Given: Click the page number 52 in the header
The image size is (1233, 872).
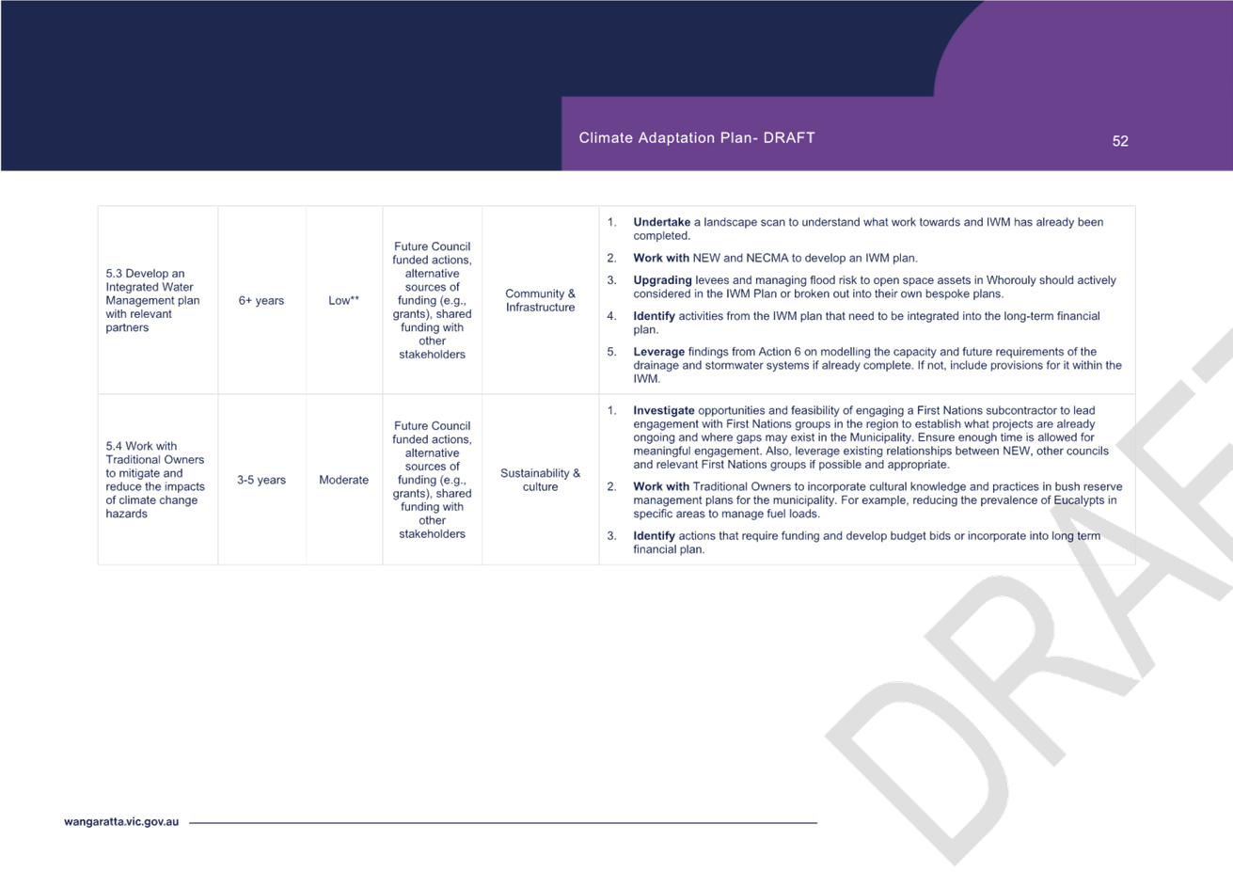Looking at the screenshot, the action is (1119, 141).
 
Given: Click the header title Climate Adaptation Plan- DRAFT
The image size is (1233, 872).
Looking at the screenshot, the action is (696, 137).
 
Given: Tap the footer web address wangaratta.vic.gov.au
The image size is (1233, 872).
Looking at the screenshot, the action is (121, 822).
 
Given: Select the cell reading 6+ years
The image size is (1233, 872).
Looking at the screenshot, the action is (261, 301).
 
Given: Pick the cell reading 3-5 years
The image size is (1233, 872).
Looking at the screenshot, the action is (261, 480).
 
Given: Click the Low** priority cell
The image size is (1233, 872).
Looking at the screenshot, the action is (343, 301).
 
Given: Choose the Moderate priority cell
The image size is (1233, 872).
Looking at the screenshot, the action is (343, 480).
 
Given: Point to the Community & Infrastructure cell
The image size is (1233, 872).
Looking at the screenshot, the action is (540, 301).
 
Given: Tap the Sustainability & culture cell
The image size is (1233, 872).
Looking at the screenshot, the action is (540, 480).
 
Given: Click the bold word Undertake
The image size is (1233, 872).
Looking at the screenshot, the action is (661, 222).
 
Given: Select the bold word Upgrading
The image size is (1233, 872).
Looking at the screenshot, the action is (662, 280).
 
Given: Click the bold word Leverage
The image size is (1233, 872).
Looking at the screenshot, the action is (658, 352).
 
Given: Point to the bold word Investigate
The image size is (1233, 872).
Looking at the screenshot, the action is (663, 411).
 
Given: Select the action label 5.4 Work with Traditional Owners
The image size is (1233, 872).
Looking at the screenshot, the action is (154, 453).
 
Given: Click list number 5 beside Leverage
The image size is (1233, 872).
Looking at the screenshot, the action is (611, 352).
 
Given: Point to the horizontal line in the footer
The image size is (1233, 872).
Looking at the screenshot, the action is (503, 823).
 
